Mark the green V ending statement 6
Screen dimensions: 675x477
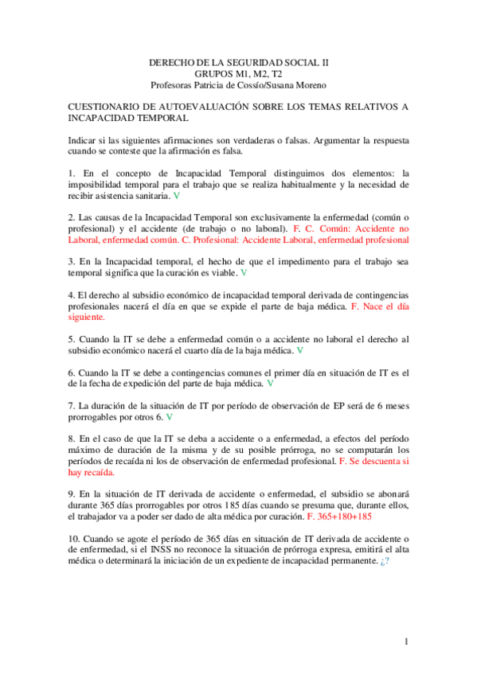pos(271,383)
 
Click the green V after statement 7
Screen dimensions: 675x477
pos(170,416)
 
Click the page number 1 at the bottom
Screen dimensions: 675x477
pos(406,641)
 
